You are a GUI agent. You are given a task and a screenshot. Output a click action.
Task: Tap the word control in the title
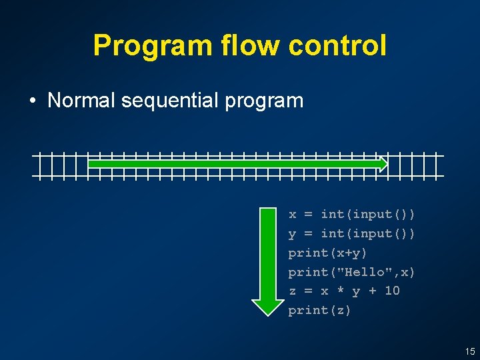[338, 45]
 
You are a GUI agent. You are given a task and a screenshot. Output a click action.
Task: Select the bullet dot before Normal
[33, 101]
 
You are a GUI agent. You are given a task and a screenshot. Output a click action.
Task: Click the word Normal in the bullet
[82, 101]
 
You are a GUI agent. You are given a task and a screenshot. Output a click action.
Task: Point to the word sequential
[171, 101]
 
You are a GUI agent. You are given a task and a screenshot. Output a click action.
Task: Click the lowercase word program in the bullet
[265, 101]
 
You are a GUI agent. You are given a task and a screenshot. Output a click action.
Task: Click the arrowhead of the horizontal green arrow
[383, 163]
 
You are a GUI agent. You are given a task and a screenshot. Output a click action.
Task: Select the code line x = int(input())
[351, 214]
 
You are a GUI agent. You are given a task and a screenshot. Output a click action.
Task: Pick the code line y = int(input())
[351, 233]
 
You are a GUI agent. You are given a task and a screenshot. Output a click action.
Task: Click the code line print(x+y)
[327, 253]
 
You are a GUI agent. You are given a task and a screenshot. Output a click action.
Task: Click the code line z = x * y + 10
[343, 291]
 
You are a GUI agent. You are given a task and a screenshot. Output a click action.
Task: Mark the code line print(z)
[319, 310]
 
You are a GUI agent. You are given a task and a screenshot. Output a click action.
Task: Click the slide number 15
[470, 351]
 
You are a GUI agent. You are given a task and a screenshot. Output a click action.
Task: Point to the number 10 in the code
[392, 291]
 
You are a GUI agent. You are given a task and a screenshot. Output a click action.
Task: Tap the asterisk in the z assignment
[340, 291]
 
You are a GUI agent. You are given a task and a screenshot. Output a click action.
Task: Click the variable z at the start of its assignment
[292, 291]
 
